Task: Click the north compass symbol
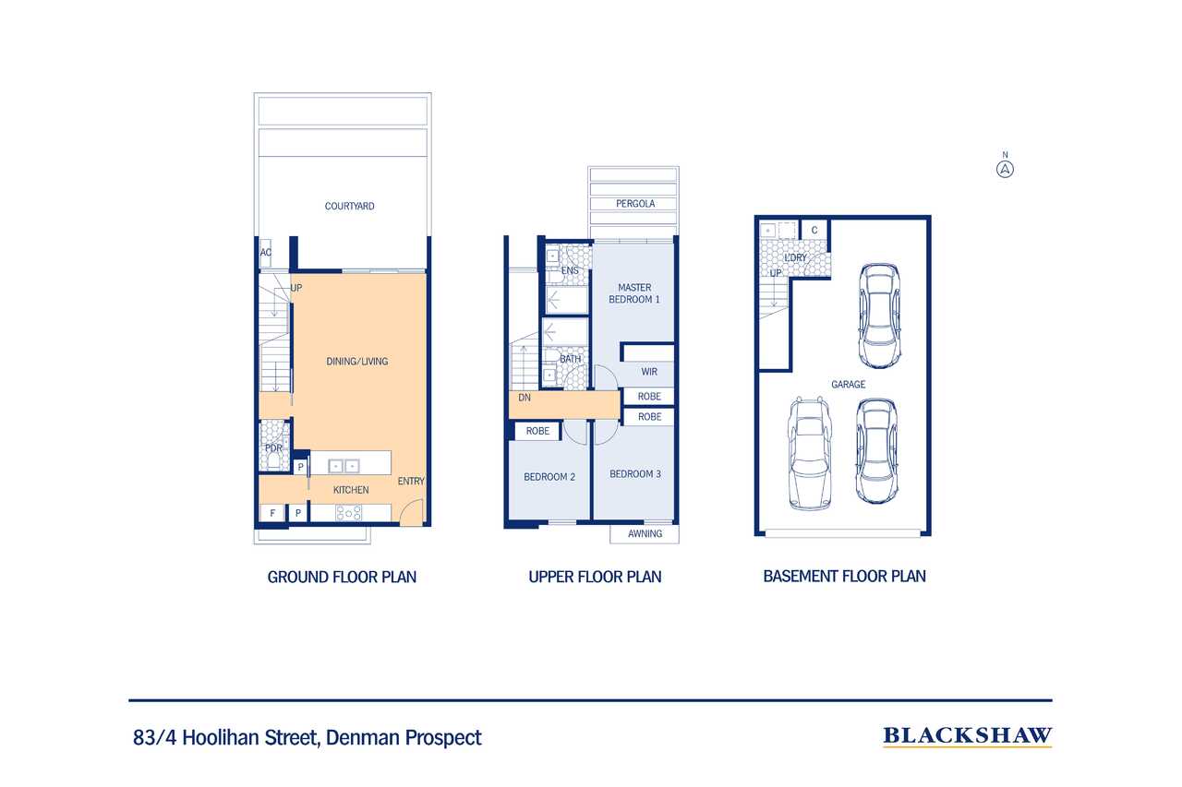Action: click(x=1005, y=169)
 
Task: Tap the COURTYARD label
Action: click(x=349, y=206)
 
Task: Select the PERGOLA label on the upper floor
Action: click(x=635, y=204)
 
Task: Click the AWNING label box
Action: click(x=645, y=534)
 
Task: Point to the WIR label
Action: click(x=649, y=372)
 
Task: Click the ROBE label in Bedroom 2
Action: click(x=537, y=431)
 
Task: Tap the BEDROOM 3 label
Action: click(x=634, y=474)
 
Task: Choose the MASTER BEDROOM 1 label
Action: click(x=634, y=293)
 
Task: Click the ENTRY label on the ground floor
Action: click(x=411, y=482)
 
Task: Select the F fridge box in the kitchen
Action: click(x=272, y=513)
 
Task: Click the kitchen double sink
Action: click(x=344, y=466)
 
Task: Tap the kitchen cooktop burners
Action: click(x=349, y=513)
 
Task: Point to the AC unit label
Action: click(x=265, y=253)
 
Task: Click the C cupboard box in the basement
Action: click(x=814, y=230)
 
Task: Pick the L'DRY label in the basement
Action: click(x=795, y=257)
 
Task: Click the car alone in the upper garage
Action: click(x=879, y=316)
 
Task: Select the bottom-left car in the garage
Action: click(x=810, y=454)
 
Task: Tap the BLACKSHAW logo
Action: click(x=967, y=736)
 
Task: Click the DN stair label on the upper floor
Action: click(x=524, y=398)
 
